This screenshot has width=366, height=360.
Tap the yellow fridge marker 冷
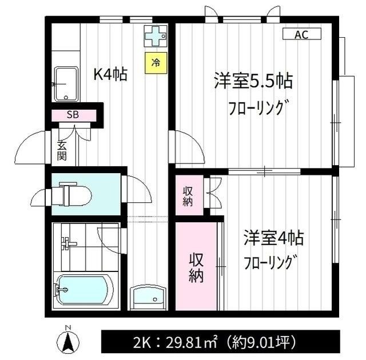(155, 62)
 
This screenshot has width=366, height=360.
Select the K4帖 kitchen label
(110, 74)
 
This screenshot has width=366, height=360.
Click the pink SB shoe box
(73, 114)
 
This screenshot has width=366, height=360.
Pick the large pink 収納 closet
(197, 268)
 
